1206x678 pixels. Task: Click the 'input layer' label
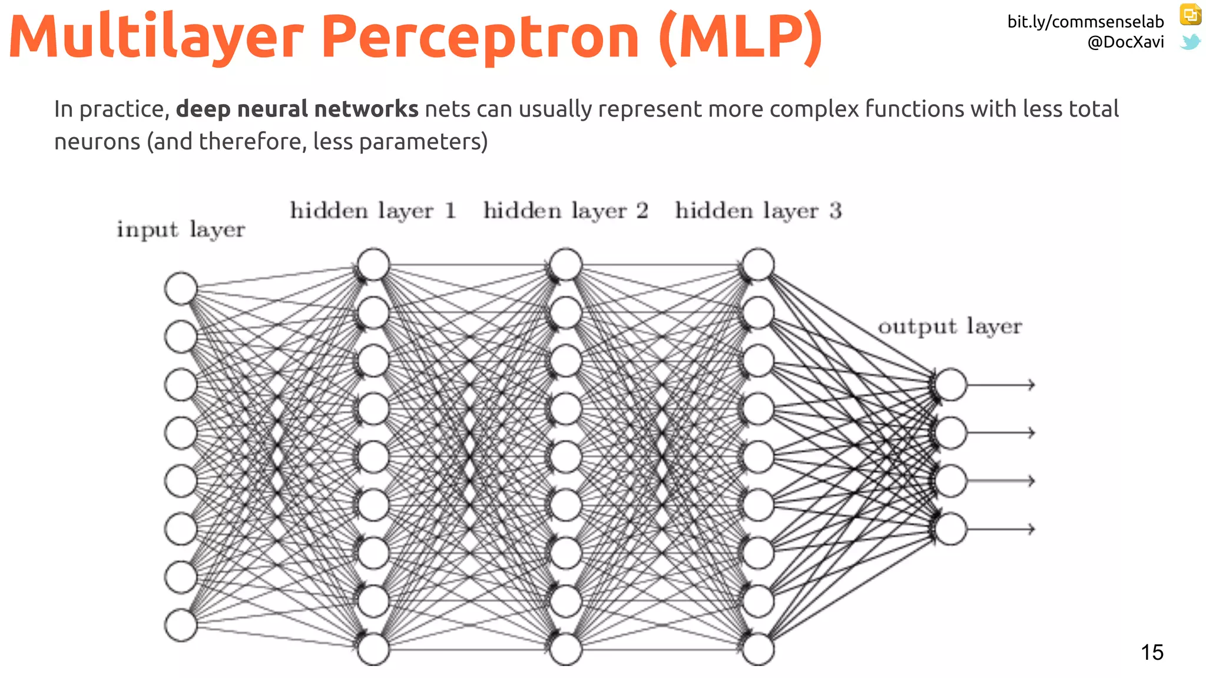pos(181,230)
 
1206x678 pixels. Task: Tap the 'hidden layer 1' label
pos(373,211)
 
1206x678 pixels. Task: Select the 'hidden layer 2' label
pos(566,211)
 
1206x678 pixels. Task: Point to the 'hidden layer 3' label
pos(758,211)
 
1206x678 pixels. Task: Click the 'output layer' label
pos(950,327)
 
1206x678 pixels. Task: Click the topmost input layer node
pos(181,288)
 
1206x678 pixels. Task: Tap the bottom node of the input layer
pos(181,625)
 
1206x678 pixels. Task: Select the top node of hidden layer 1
pos(373,264)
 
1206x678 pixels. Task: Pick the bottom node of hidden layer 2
pos(566,649)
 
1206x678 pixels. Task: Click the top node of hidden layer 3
pos(758,264)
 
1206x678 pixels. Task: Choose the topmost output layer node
pos(950,385)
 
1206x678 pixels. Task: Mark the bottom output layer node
pos(950,529)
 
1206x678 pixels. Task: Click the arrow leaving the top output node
pos(1001,385)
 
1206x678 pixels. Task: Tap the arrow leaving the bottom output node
pos(1001,529)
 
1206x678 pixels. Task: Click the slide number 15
pos(1152,652)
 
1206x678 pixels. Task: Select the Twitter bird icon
pos(1190,42)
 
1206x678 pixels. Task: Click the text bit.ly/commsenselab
pos(1085,22)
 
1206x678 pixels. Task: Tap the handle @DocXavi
pos(1125,42)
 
